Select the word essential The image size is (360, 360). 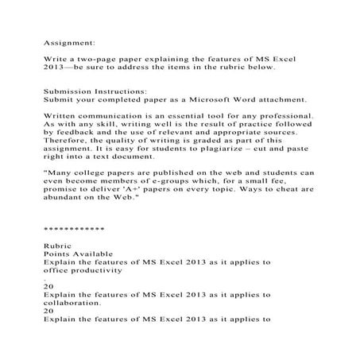(x=176, y=117)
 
